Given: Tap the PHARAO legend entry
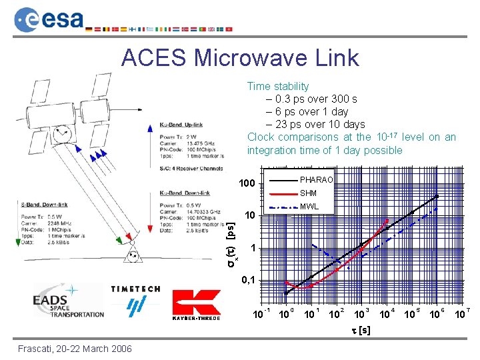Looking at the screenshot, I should pyautogui.click(x=316, y=180).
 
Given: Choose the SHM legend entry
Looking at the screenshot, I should pyautogui.click(x=308, y=193).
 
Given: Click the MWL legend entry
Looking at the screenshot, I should pyautogui.click(x=309, y=207).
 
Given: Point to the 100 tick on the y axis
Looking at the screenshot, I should pyautogui.click(x=247, y=183).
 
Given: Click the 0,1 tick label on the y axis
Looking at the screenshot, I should pyautogui.click(x=247, y=279).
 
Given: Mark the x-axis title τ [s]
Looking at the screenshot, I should pyautogui.click(x=361, y=331).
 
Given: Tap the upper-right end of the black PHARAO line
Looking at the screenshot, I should pyautogui.click(x=438, y=196).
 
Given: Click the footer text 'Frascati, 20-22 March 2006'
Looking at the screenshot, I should pyautogui.click(x=75, y=349).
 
